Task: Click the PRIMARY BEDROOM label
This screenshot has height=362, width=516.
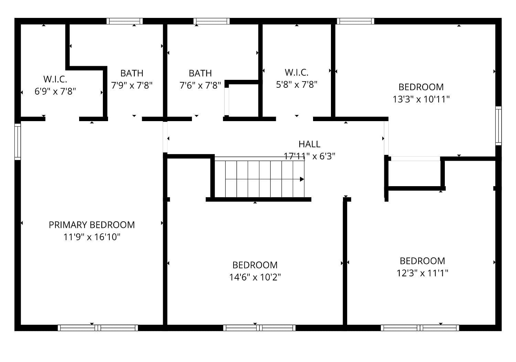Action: coord(92,225)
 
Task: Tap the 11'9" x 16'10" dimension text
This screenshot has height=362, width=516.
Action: coord(92,237)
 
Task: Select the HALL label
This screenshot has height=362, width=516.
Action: coord(309,144)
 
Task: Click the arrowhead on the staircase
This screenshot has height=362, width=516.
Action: coord(302,179)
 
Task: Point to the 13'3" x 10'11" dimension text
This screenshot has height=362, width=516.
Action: coord(421,99)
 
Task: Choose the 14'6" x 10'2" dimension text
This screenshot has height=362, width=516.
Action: coord(255,277)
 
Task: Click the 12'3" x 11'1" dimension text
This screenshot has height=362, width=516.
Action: coord(422,273)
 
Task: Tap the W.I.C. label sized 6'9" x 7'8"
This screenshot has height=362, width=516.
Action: coord(55,79)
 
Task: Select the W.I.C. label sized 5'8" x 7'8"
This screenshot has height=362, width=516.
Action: coord(297,73)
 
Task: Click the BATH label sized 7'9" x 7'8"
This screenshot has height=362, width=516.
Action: coord(132,73)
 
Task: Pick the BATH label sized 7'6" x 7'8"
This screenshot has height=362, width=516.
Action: coord(200,73)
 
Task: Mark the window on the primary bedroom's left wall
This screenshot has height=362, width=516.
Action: coord(18,142)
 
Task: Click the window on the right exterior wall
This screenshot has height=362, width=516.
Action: coord(498,125)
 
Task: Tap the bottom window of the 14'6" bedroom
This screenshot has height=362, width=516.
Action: coord(259,328)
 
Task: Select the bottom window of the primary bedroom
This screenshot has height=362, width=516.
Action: coord(98,328)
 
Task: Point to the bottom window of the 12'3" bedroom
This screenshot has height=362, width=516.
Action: coord(420,328)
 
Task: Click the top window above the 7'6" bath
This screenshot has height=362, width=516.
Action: coord(211,21)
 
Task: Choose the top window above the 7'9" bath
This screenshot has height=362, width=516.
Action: coord(125,21)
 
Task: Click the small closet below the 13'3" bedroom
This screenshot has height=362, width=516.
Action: coord(415,174)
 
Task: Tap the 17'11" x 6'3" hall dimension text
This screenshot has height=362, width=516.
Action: coord(309,156)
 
